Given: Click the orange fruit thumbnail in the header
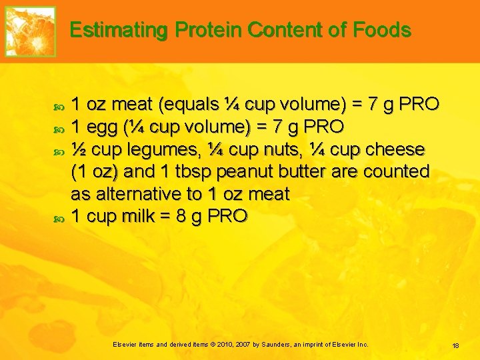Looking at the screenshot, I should tap(30, 31).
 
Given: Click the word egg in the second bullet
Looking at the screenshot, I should tap(101, 127).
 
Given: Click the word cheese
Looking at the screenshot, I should tap(397, 149).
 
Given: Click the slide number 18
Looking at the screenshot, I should tap(456, 345).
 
